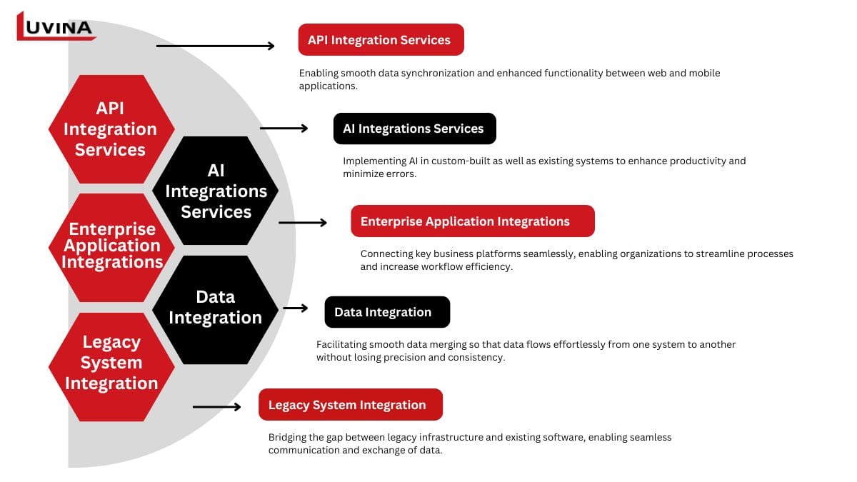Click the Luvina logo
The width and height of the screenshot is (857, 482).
[x=55, y=26]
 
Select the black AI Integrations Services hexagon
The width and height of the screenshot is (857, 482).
[x=216, y=191]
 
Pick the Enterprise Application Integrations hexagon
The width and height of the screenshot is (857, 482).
[x=111, y=246]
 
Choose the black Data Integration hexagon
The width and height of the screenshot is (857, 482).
[x=215, y=308]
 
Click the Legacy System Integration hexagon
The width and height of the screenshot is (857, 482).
[x=111, y=363]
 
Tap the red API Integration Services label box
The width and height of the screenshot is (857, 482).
[x=381, y=40]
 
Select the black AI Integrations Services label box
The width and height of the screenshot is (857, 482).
[x=414, y=129]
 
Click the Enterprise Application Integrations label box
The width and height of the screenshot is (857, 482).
[x=472, y=221]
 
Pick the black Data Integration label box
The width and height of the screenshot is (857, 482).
[x=387, y=312]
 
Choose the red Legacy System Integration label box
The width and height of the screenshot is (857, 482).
[x=350, y=405]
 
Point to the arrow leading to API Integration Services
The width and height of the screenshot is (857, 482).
[x=215, y=46]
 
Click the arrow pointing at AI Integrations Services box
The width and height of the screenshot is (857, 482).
[x=284, y=129]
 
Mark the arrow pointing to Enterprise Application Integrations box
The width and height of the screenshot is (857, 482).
[x=302, y=223]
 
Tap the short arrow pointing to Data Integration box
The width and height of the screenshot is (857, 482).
[x=295, y=308]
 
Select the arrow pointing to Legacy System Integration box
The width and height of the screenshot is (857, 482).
[x=217, y=407]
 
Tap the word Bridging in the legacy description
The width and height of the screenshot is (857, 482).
[x=289, y=437]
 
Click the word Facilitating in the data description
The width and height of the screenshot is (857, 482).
[x=341, y=344]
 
